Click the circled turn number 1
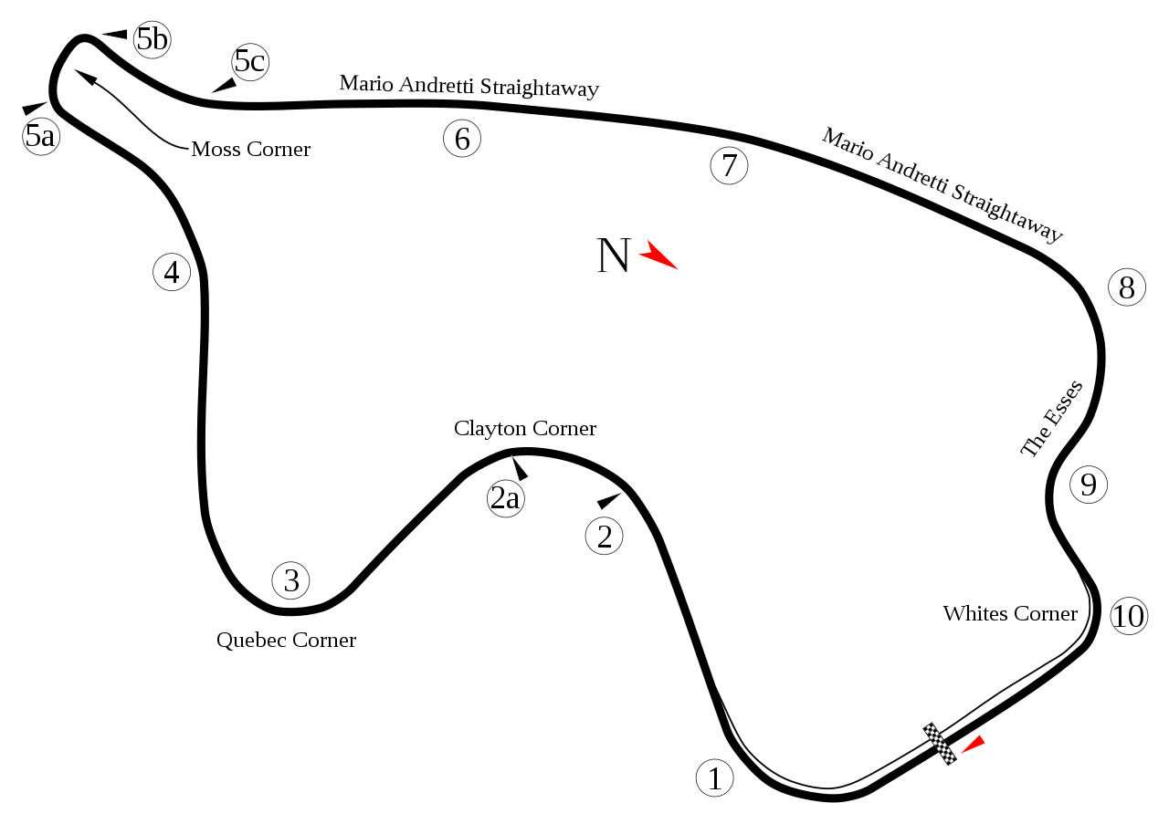click(714, 777)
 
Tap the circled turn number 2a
click(505, 498)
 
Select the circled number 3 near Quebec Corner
click(290, 580)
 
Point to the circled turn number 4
click(172, 272)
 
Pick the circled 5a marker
click(41, 137)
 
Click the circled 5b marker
click(152, 39)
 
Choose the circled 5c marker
click(250, 61)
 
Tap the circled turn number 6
click(462, 138)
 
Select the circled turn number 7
click(729, 165)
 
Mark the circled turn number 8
click(1127, 287)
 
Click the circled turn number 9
click(1088, 485)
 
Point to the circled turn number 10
click(1129, 616)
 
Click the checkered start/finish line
click(940, 744)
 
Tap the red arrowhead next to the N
click(657, 255)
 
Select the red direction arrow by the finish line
click(974, 744)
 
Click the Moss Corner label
click(250, 149)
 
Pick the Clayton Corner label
click(525, 429)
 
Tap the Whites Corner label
click(1010, 613)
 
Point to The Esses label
click(1051, 420)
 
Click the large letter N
click(614, 255)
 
